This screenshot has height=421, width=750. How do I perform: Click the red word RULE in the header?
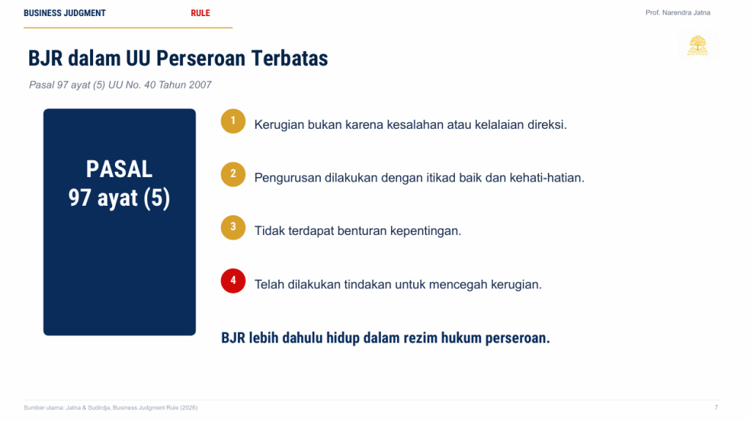click(201, 13)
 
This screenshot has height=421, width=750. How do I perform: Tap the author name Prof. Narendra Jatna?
click(677, 12)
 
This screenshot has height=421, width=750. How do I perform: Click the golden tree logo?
click(698, 45)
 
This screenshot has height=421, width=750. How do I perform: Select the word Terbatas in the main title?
click(290, 59)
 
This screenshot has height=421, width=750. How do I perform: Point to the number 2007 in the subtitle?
click(200, 85)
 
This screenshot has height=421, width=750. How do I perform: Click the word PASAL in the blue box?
click(119, 169)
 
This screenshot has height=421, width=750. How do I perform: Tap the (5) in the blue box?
click(157, 198)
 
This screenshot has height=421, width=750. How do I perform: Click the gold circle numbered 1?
click(233, 121)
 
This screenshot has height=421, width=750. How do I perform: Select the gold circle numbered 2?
click(233, 174)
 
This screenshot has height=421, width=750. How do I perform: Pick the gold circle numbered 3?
click(233, 227)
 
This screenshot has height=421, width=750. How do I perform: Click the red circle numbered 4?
click(233, 281)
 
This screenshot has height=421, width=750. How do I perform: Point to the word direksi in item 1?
click(547, 124)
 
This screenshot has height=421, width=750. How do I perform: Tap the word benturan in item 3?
click(362, 231)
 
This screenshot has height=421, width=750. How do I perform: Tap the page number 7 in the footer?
click(716, 408)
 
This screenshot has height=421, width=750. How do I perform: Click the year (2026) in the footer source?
click(189, 408)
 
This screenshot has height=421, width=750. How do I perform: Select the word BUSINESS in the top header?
click(42, 13)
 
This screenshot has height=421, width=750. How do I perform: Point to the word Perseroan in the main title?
click(201, 59)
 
